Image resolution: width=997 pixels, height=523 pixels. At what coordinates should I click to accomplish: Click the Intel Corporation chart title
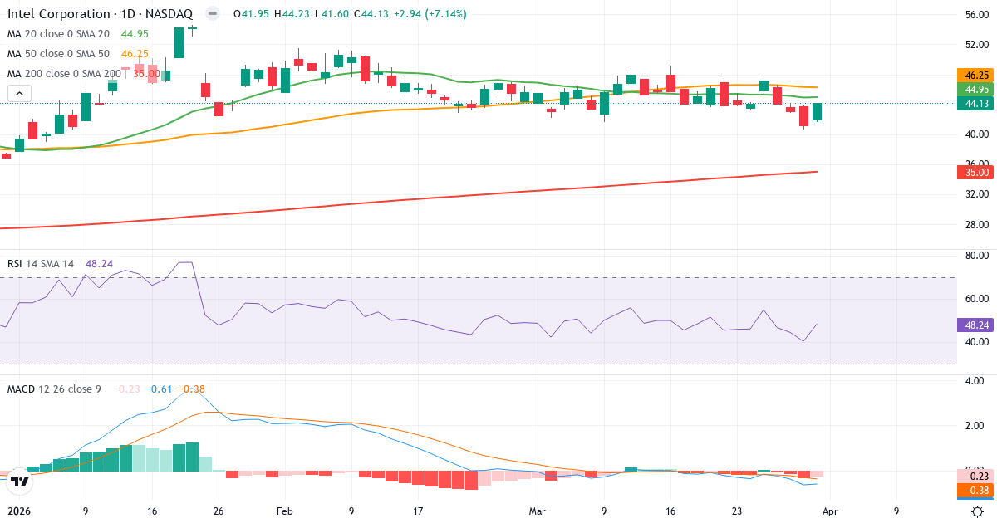tap(101, 14)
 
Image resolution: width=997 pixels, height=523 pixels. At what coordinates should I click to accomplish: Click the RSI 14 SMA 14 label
tap(41, 264)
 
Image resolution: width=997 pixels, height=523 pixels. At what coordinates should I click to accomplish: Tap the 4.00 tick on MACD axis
tap(973, 381)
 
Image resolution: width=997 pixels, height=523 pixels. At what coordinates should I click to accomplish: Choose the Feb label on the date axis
tap(284, 511)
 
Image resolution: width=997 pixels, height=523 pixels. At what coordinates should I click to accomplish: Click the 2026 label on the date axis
tap(18, 511)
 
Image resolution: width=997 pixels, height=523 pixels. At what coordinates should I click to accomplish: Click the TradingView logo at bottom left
tap(22, 481)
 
